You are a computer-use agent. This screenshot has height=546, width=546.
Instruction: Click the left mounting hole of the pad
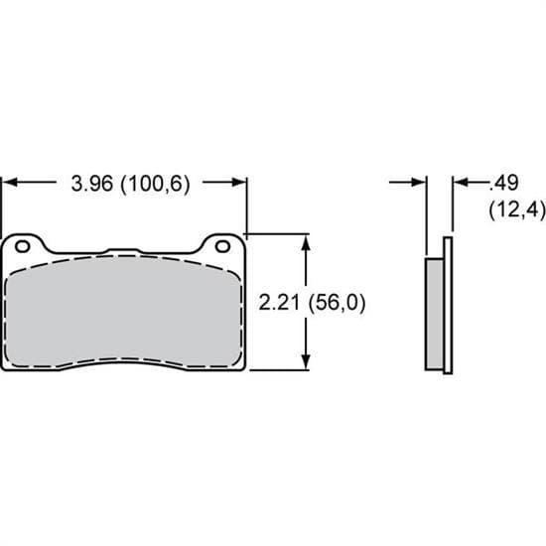24,244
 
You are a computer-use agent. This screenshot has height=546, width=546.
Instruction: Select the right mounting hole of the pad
224,244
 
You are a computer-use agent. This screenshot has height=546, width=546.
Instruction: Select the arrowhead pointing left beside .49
459,183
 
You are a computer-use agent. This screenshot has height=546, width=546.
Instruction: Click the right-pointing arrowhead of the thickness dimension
419,183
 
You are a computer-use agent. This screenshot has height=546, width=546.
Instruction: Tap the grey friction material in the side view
434,314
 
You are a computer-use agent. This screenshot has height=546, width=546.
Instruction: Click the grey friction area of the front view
124,313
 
